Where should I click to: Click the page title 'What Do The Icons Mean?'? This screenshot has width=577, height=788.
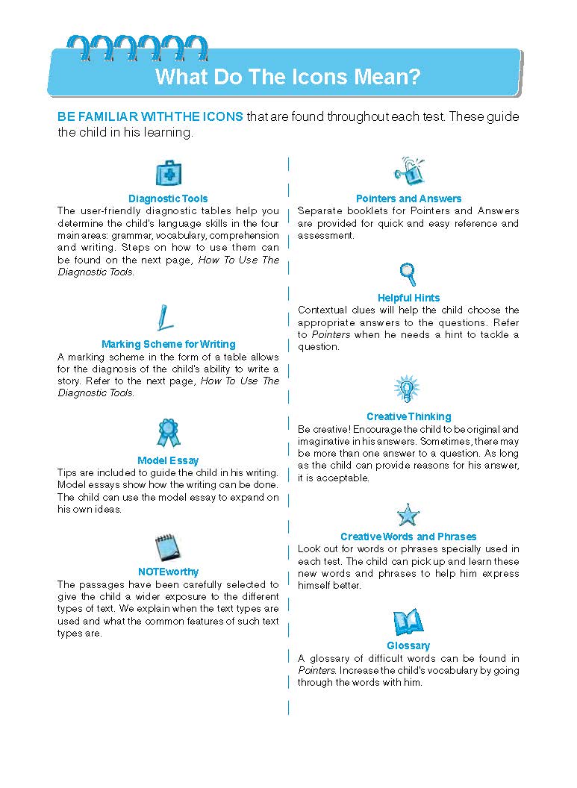click(287, 76)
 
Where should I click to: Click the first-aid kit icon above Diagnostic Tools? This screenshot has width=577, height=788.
click(168, 173)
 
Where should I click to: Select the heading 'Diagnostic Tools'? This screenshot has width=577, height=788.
click(168, 198)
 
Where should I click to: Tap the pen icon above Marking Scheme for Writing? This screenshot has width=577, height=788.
click(165, 317)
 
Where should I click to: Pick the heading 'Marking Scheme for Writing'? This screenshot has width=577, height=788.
click(168, 344)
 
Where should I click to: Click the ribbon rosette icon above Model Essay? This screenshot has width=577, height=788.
click(168, 432)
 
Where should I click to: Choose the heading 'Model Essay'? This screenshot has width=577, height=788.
click(168, 460)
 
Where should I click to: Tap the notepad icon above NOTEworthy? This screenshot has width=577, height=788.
click(166, 548)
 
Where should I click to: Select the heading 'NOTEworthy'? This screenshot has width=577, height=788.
click(168, 572)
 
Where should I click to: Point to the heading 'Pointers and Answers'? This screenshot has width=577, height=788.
click(408, 198)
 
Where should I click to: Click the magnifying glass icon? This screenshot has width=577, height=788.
click(408, 274)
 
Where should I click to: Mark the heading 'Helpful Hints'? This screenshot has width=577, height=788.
click(408, 298)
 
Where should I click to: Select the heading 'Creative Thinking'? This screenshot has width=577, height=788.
click(408, 416)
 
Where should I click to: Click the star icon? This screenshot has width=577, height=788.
click(408, 515)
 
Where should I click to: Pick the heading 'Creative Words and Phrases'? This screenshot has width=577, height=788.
click(408, 537)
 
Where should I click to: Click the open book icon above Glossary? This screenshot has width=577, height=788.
click(408, 622)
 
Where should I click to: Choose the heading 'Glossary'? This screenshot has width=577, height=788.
click(408, 645)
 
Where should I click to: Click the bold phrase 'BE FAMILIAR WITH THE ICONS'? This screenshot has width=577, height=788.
click(150, 117)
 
